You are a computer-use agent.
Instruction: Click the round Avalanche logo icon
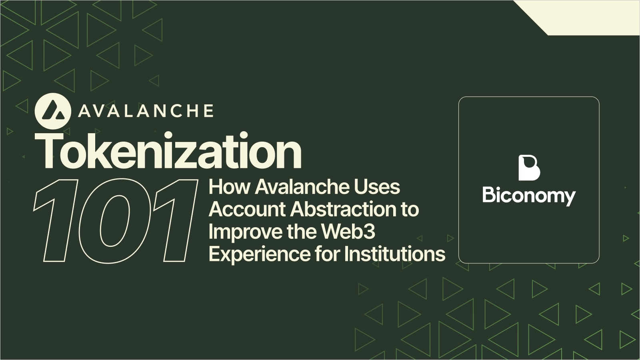[53, 110]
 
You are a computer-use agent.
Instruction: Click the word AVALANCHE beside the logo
[146, 111]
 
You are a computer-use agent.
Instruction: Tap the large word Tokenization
[168, 152]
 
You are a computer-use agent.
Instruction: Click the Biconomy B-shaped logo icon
[529, 168]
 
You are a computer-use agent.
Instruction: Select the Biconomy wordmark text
[529, 196]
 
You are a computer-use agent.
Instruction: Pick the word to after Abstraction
[408, 209]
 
